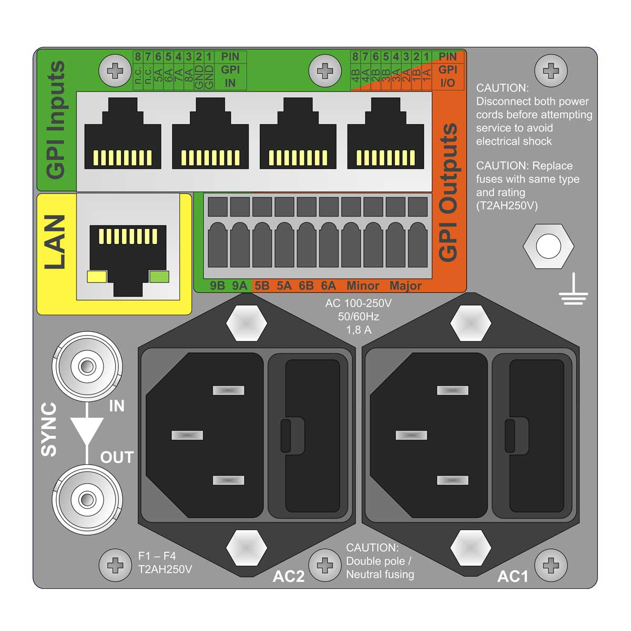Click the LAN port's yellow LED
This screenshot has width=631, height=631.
coord(97,277)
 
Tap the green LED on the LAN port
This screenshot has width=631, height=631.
coord(159,277)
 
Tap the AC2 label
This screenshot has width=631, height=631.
coord(288,576)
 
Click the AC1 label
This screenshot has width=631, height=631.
coord(513,576)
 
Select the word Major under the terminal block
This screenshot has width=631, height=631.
coord(405,286)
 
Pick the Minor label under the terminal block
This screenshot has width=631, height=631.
coord(363,286)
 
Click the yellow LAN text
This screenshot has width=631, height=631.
coord(55,242)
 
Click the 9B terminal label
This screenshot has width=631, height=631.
coord(217,286)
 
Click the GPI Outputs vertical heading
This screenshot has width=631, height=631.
coord(448,192)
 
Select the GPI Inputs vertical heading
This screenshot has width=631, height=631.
coord(56,120)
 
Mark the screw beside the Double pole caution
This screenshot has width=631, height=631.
coord(325,566)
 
